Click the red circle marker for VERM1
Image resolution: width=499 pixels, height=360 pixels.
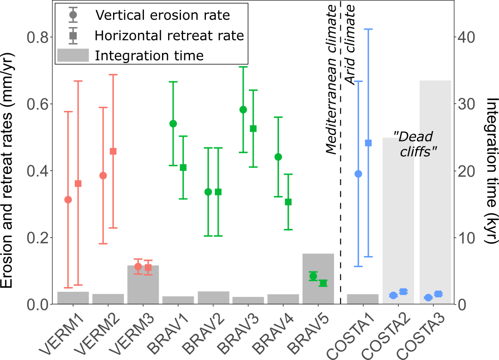(x=68, y=200)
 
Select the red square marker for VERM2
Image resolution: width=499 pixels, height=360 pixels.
(x=113, y=151)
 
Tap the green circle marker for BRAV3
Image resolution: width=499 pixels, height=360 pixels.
(x=243, y=110)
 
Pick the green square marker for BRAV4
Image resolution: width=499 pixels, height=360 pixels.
(x=288, y=202)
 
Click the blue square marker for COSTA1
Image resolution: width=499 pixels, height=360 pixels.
(x=368, y=143)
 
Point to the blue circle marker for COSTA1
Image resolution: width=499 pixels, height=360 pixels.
(x=358, y=174)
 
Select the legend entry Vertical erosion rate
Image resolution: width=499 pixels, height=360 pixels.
(x=163, y=15)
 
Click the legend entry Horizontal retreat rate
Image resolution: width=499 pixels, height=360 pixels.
(x=169, y=35)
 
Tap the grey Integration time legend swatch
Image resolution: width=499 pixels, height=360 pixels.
(x=72, y=55)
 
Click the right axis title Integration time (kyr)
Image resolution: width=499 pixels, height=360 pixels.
(x=490, y=171)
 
